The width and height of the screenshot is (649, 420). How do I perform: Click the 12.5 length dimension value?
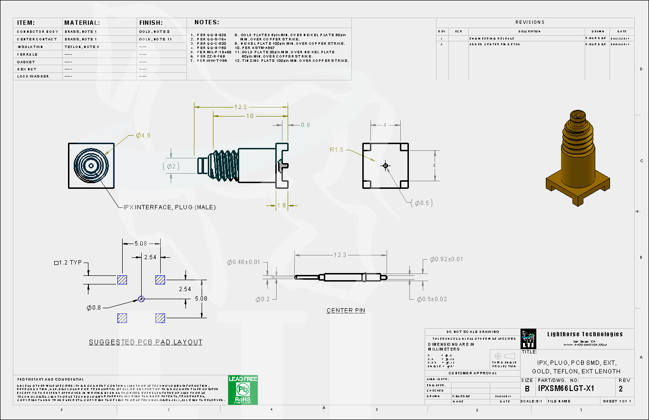click(x=240, y=107)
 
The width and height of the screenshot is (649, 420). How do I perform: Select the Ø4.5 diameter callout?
click(x=143, y=136)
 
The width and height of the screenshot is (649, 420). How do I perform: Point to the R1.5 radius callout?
click(x=337, y=150)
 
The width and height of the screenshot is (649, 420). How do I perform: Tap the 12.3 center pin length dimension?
click(x=339, y=255)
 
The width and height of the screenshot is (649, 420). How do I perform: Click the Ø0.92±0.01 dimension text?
click(x=446, y=259)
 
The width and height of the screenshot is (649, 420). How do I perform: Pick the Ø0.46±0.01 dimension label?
click(x=244, y=262)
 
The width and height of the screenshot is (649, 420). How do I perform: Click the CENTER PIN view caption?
click(x=346, y=311)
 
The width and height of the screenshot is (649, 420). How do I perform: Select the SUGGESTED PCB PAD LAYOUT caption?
click(x=146, y=342)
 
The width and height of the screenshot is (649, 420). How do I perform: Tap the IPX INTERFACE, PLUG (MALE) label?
click(x=169, y=207)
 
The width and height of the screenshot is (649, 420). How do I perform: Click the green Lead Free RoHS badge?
click(x=242, y=390)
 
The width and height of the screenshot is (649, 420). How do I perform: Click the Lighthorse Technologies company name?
click(x=585, y=334)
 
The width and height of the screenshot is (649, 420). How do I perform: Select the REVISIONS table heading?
click(x=530, y=22)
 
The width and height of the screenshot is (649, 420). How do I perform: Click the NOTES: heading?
click(x=207, y=22)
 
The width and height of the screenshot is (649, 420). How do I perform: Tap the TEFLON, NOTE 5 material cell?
click(x=82, y=47)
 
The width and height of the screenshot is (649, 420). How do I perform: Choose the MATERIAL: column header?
click(x=82, y=22)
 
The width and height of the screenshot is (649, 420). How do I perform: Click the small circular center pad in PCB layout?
click(x=141, y=299)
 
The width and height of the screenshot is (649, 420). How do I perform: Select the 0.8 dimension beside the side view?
click(x=305, y=125)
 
